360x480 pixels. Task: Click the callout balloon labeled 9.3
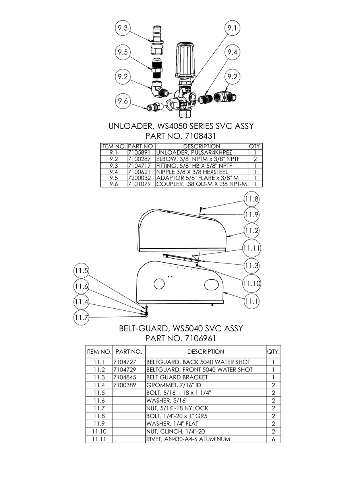123,28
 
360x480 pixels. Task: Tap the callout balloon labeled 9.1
232,28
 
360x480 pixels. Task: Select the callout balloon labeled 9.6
123,101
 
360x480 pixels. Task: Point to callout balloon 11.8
251,199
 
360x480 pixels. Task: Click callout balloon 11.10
251,283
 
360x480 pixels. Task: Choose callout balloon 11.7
81,317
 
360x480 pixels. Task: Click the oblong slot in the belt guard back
211,285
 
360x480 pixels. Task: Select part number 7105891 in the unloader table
139,152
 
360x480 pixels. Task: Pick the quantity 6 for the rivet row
273,439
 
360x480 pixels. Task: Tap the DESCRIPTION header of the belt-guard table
205,352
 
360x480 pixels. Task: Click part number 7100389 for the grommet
125,385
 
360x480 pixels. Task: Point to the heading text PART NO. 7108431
181,136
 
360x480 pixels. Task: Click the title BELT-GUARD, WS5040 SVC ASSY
181,329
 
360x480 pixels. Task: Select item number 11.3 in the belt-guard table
99,377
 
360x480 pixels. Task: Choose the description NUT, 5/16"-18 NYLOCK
177,408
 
